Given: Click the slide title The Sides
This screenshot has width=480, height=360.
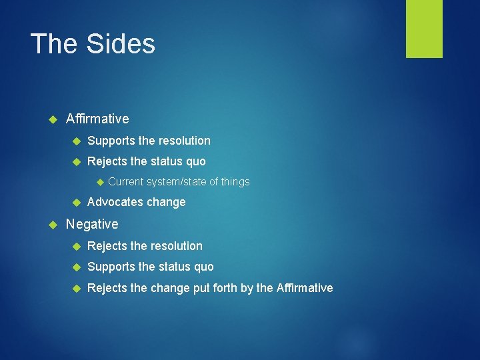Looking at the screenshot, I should (93, 44).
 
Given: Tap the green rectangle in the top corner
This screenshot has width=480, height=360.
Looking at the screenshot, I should (424, 29).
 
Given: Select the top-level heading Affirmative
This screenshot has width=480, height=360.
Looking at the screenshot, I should (97, 119).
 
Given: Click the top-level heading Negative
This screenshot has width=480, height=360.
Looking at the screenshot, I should (92, 224).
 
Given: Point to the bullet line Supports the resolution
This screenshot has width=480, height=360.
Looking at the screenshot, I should (149, 141).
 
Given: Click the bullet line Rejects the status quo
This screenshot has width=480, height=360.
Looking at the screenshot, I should (146, 161).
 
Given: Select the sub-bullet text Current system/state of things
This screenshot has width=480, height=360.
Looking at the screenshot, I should (179, 181).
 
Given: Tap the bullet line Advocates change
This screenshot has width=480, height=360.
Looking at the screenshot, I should (136, 202).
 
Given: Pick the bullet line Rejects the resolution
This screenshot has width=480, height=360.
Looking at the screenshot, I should (145, 246).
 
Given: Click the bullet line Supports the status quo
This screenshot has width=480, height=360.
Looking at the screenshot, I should (150, 267).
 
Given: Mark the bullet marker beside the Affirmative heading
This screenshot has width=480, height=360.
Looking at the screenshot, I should (54, 119).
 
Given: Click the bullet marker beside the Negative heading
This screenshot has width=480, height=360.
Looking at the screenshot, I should (54, 225).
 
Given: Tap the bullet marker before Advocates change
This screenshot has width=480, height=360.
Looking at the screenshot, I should (76, 203).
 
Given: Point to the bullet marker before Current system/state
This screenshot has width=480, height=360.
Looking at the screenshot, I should (98, 182).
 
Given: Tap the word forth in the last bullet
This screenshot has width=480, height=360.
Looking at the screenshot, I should (240, 288).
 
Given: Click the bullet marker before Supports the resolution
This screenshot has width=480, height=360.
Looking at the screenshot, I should (76, 141).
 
